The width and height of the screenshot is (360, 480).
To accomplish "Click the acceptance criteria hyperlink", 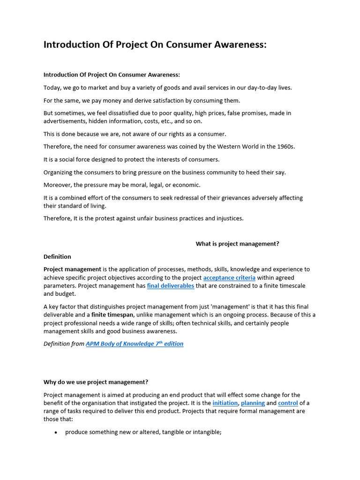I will click(x=229, y=278).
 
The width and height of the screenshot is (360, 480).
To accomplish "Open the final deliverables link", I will click(x=171, y=286).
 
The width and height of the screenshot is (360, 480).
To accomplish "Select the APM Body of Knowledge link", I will click(x=135, y=344).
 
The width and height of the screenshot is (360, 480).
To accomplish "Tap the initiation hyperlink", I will click(x=225, y=403).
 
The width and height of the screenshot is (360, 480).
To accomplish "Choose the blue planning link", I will click(x=253, y=403).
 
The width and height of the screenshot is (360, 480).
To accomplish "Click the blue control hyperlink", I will click(x=288, y=403).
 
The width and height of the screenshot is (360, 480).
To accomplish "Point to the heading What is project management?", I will click(x=237, y=244).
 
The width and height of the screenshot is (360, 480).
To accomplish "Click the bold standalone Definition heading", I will click(x=57, y=257).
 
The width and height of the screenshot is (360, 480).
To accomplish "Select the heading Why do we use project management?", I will click(x=96, y=382).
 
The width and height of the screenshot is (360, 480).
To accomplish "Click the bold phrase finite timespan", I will click(x=112, y=315).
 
